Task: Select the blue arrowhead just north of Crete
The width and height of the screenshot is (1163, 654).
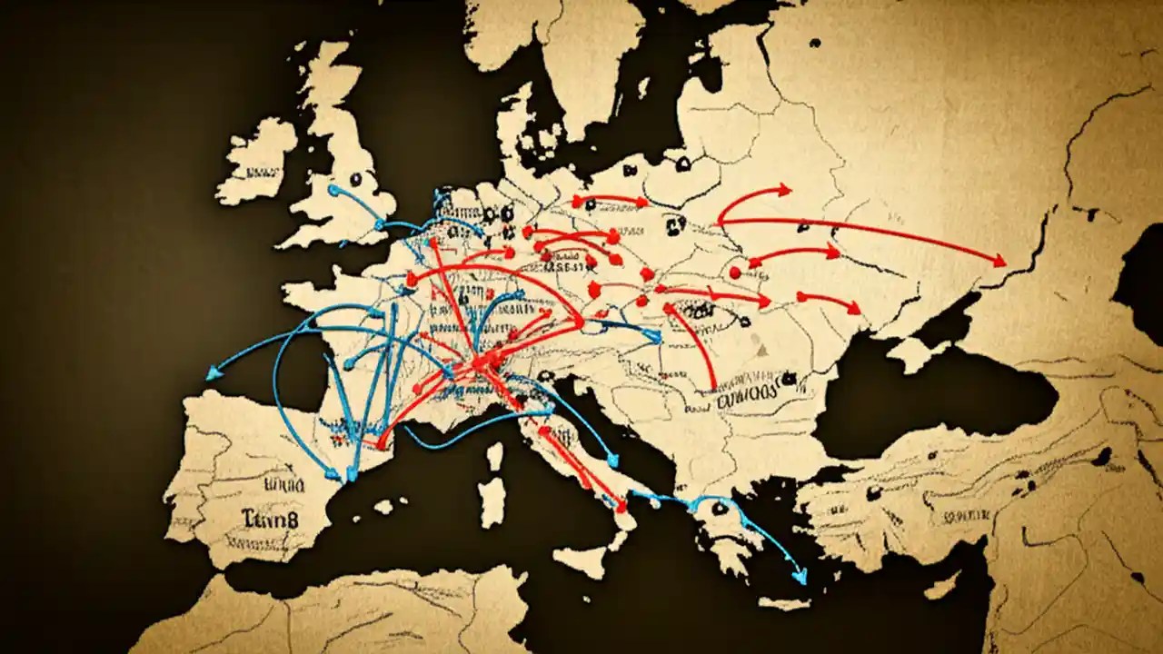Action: click(800, 576)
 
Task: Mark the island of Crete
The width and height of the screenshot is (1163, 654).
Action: click(783, 602)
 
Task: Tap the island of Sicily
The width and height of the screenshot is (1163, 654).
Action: click(581, 559)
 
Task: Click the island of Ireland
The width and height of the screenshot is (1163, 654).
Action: click(257, 162)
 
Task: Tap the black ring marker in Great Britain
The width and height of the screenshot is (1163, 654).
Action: click(368, 180)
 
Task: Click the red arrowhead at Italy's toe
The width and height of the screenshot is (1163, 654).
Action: click(621, 506)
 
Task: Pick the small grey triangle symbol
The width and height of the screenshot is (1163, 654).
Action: click(761, 349)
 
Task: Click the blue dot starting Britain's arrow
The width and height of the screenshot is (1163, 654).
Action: click(333, 190)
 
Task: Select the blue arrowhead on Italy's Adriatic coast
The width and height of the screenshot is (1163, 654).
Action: click(613, 461)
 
